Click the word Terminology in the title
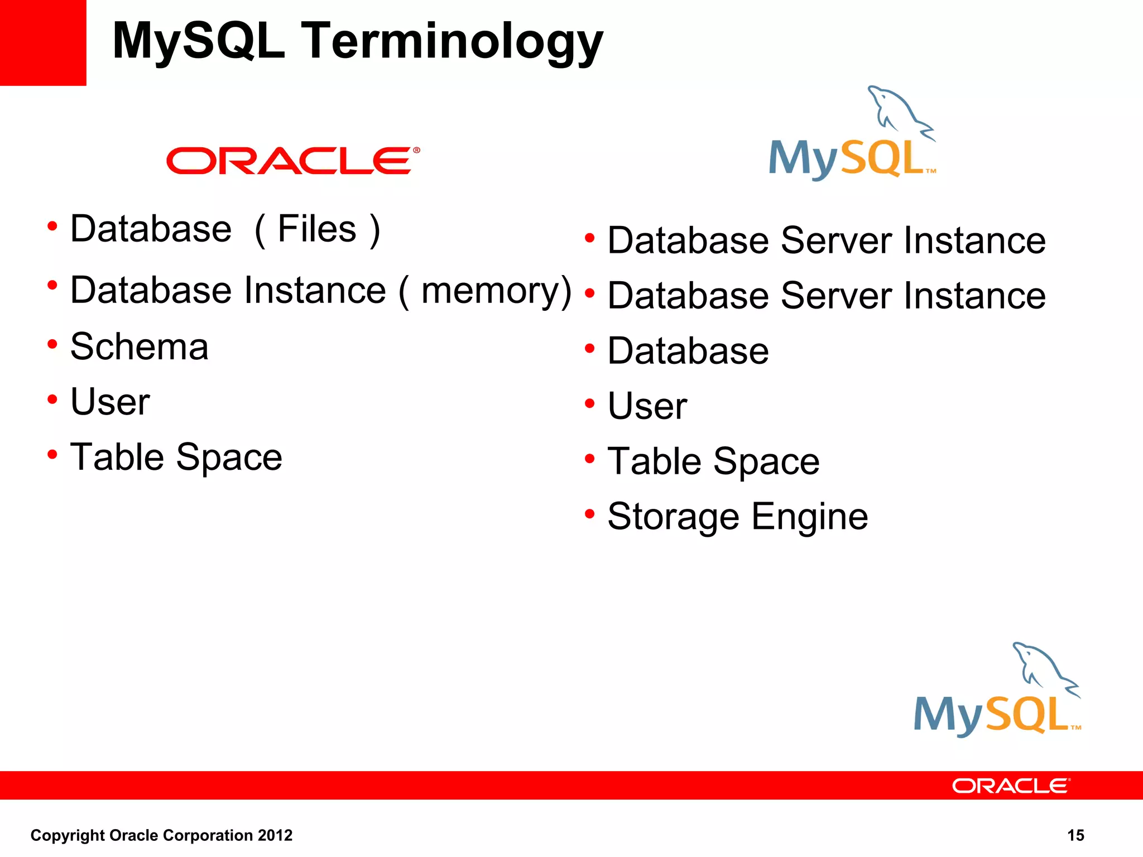point(452,42)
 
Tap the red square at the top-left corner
point(43,42)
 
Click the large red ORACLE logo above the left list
point(293,161)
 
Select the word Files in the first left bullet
point(317,229)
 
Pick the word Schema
point(140,347)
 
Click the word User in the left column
point(110,402)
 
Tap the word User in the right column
point(647,406)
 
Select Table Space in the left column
point(176,458)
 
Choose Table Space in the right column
point(713,462)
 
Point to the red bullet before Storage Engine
point(589,513)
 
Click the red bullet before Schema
point(52,344)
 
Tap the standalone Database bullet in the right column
point(688,351)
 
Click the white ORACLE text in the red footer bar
point(1010,786)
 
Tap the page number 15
point(1075,835)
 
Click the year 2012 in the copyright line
point(275,835)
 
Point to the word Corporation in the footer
point(208,835)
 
